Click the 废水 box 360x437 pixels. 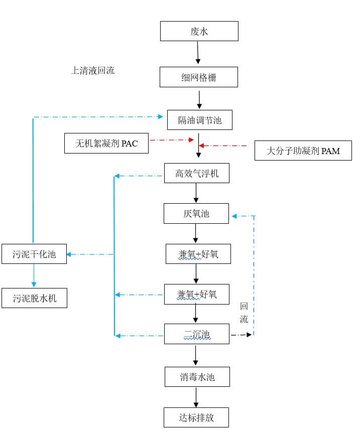[199, 31]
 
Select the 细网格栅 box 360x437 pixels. [199, 77]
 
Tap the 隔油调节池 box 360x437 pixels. [199, 120]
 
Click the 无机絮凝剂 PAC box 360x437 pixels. [106, 143]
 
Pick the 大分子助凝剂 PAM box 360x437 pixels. [303, 151]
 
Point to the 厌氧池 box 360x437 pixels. [196, 213]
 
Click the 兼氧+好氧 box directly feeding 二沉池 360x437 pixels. [196, 294]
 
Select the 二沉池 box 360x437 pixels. [196, 334]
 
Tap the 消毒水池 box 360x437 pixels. [197, 377]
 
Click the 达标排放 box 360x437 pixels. [196, 417]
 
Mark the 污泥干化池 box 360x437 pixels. [34, 254]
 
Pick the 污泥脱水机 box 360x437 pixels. [34, 298]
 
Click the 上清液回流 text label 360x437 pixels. [93, 70]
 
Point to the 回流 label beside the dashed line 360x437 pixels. [244, 313]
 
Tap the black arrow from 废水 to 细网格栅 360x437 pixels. [198, 52]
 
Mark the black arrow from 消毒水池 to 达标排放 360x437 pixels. [196, 397]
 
